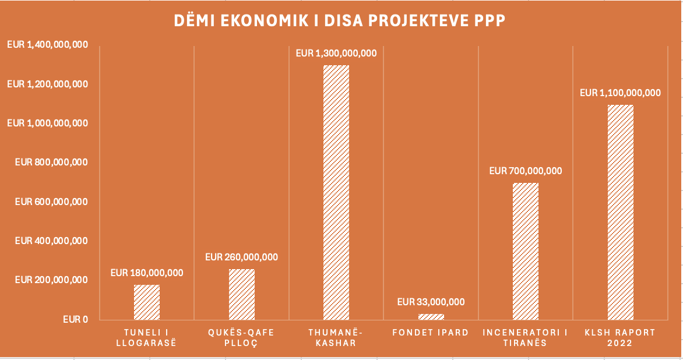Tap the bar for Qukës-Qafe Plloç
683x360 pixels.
click(242, 294)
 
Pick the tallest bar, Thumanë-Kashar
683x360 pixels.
click(336, 192)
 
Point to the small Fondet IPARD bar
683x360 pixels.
click(431, 316)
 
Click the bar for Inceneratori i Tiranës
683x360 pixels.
click(526, 251)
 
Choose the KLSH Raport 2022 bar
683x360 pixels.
click(621, 212)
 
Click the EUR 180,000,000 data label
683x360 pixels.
click(147, 273)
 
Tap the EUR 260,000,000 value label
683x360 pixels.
click(242, 257)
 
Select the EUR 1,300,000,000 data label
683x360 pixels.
click(336, 53)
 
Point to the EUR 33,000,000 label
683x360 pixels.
click(431, 302)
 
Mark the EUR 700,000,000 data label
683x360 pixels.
click(526, 171)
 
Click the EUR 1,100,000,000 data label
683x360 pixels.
click(621, 93)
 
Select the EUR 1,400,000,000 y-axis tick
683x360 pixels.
click(47, 45)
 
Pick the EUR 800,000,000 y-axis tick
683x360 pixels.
click(51, 163)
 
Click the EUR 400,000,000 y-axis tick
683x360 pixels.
click(51, 241)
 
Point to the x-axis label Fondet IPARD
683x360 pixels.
click(431, 333)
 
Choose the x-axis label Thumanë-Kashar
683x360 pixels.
click(336, 337)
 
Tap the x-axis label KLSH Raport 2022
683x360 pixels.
click(621, 337)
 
